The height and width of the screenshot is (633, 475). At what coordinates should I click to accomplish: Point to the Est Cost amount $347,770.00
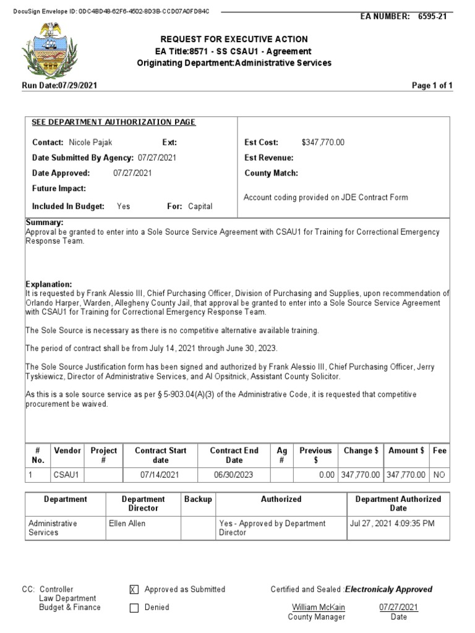(323, 143)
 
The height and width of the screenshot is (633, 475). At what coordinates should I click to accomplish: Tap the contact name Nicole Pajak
(90, 143)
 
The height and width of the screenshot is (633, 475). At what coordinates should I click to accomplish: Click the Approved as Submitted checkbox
(134, 590)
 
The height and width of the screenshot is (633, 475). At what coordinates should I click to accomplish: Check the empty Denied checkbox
(134, 608)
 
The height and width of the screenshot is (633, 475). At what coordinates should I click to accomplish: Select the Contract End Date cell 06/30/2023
(234, 475)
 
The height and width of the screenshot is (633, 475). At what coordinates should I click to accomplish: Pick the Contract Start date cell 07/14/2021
(160, 475)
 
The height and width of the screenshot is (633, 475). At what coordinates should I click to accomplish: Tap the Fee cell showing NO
(439, 475)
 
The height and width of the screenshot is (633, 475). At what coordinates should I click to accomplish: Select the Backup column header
(198, 499)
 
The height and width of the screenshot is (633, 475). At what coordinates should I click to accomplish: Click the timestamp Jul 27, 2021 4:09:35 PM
(392, 524)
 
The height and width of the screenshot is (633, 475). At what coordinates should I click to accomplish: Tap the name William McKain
(319, 607)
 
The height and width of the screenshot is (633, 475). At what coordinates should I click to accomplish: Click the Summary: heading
(45, 223)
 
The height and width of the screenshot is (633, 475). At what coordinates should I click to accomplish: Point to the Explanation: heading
(49, 284)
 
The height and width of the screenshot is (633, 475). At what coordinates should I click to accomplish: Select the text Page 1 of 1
(432, 86)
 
